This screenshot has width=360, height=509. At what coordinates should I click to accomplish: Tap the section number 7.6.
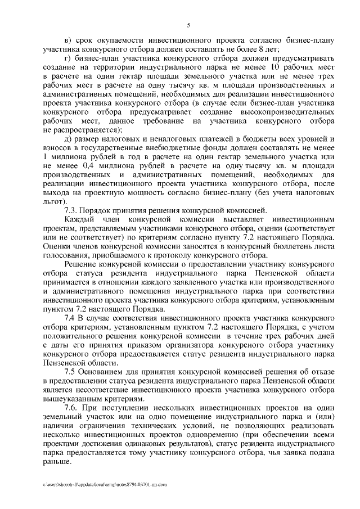coord(74,408)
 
